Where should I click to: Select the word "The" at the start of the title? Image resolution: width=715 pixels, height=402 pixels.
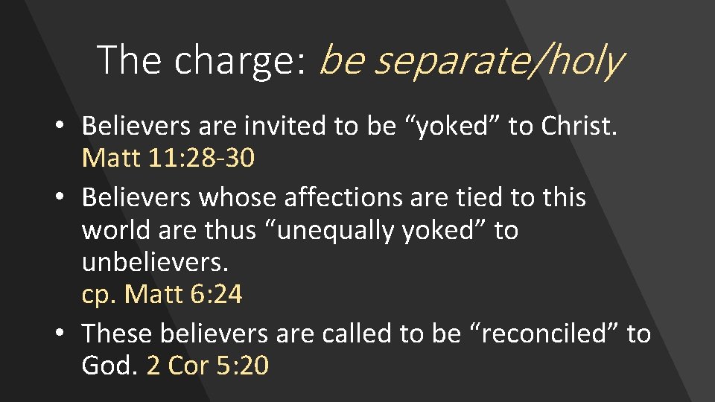[x=128, y=60]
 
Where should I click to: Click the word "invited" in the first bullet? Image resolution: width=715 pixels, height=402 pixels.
[x=275, y=126]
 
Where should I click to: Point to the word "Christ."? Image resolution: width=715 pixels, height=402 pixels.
[x=579, y=126]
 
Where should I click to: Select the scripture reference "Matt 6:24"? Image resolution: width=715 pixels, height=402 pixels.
[x=183, y=295]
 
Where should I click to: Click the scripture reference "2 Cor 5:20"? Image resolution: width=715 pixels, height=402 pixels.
[x=208, y=366]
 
